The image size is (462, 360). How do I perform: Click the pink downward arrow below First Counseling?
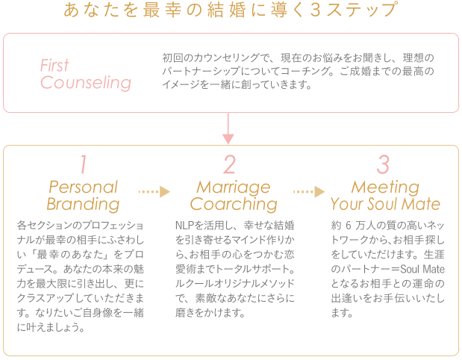point(228,128)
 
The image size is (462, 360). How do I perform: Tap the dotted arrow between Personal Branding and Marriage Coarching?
point(154,192)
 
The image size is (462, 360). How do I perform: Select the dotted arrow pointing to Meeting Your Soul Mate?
point(309,192)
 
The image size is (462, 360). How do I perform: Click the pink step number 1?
point(84,164)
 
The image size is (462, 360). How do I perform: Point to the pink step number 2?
point(230,164)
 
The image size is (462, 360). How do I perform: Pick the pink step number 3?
point(383,164)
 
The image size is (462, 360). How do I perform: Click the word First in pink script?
point(54,65)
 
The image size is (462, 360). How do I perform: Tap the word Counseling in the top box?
point(86,83)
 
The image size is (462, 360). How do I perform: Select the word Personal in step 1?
point(84,187)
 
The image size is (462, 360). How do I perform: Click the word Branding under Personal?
point(83,205)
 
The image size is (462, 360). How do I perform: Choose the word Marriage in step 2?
point(234,187)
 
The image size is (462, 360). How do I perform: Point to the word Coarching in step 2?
point(234,205)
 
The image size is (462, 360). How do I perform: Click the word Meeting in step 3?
point(385,187)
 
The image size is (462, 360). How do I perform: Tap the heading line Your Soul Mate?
point(385,204)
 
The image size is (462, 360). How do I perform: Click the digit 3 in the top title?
point(315,10)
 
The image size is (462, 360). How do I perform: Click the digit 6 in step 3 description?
point(349,226)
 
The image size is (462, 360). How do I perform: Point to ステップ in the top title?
point(363,10)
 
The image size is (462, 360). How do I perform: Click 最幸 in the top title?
point(162,10)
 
